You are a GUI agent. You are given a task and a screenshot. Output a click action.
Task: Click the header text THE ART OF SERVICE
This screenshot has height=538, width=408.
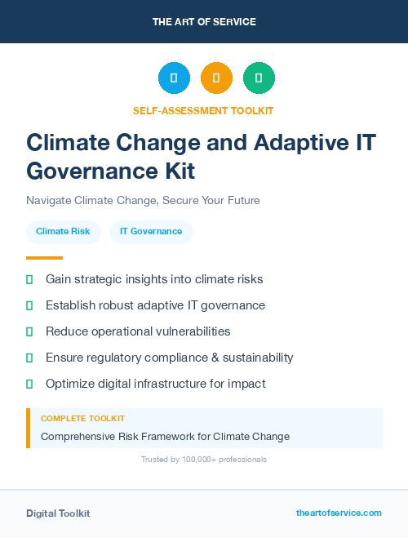coord(204,21)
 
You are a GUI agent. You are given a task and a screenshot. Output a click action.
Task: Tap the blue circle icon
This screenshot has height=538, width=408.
coord(174,78)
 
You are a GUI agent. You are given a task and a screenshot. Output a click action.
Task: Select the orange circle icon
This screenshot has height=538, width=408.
coord(216,78)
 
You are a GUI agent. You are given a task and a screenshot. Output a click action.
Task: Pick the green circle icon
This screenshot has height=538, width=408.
coord(259,78)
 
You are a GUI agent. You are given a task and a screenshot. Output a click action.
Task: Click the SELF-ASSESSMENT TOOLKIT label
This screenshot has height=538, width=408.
coord(203,110)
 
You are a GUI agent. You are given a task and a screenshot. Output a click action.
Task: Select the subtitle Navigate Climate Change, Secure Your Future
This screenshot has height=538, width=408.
coord(143,200)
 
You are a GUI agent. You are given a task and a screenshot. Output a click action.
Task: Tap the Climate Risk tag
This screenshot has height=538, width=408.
coord(63,232)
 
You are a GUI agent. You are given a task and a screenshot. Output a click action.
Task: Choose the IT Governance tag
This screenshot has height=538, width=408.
coord(151,232)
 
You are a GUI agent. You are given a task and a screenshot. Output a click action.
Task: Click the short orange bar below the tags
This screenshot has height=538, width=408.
coord(44,257)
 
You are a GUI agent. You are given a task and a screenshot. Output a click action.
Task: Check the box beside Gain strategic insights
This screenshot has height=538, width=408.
coord(29,279)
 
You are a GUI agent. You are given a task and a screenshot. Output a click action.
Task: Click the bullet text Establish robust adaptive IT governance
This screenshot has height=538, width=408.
coord(155,305)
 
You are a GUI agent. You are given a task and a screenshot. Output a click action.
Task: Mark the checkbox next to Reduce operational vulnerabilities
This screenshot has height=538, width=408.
coord(29,331)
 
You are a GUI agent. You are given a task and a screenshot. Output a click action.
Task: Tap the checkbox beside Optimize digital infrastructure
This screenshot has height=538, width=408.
coord(29,384)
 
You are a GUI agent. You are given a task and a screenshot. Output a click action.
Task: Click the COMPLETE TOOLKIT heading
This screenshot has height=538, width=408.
coord(82,418)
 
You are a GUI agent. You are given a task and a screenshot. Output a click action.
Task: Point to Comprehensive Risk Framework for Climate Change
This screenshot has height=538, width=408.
coord(165,437)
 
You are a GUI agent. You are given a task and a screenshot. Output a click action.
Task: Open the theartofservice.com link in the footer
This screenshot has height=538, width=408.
coord(339,513)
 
